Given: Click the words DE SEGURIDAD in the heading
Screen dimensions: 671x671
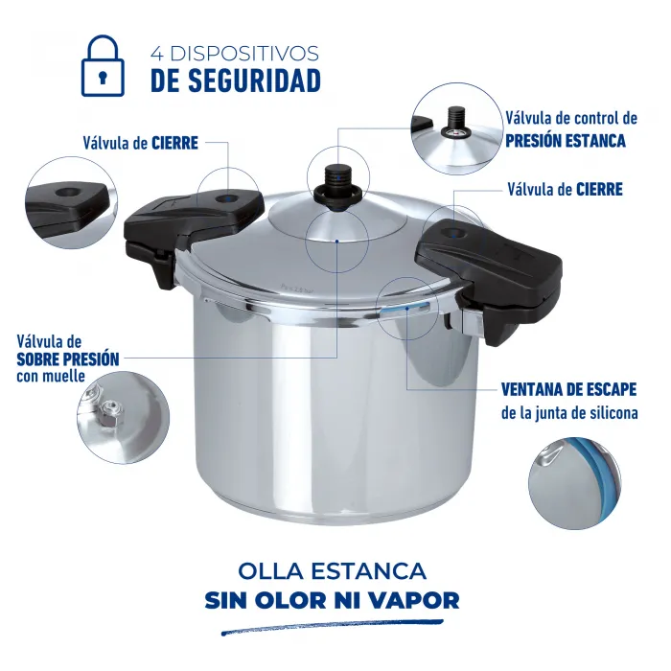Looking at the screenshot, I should click(x=235, y=81).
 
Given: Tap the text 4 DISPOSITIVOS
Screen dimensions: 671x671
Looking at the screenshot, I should click(x=235, y=54).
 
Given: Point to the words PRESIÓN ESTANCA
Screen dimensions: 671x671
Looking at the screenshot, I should click(x=566, y=140).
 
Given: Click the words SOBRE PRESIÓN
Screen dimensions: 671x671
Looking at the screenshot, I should click(x=68, y=359).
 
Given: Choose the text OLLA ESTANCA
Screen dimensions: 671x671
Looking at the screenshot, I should click(x=331, y=571).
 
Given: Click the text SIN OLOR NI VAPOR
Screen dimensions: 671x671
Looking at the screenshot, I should click(x=332, y=601).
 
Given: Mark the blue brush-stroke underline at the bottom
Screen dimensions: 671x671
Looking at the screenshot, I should click(x=331, y=629).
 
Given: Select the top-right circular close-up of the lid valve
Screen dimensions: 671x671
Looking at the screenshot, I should click(x=456, y=129).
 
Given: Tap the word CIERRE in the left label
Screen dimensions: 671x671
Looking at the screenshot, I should click(x=174, y=143).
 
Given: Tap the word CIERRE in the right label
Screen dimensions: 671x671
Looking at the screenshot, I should click(x=599, y=189).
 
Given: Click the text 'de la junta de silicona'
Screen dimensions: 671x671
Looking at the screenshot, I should click(x=569, y=414).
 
